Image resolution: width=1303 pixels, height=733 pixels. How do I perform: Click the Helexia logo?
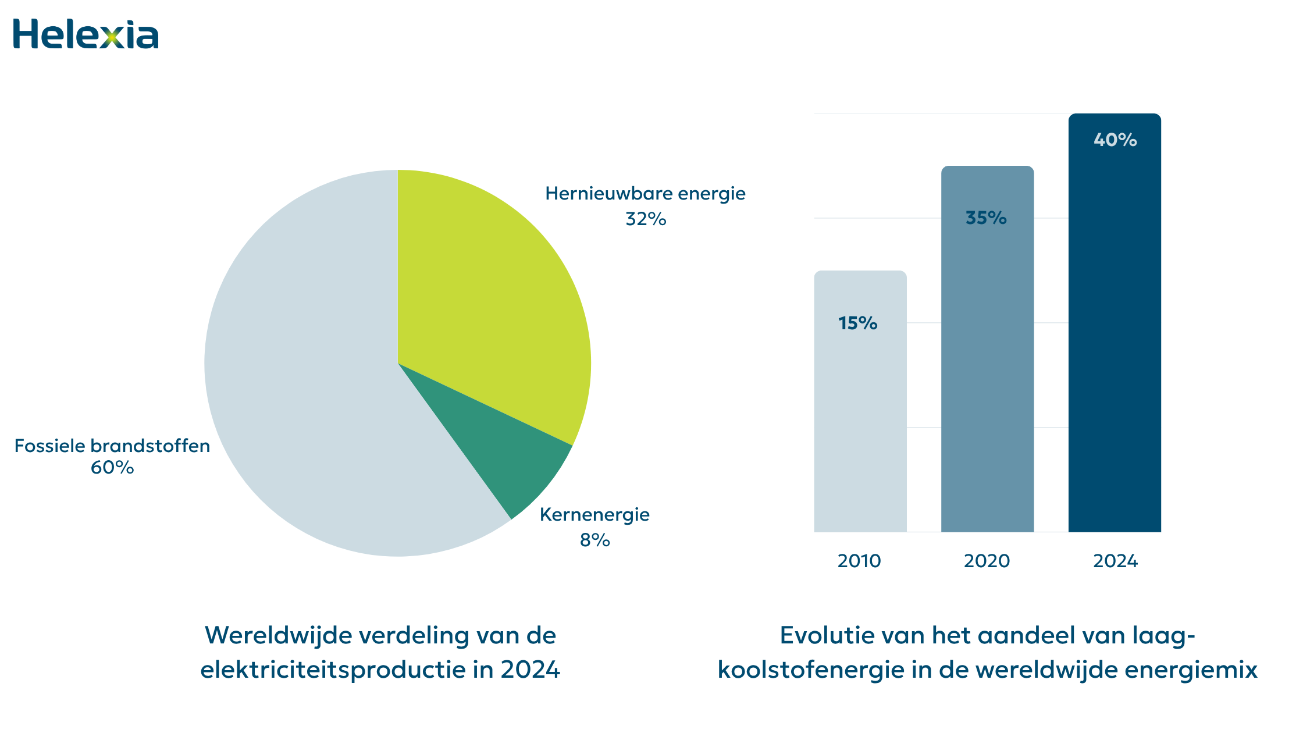(86, 34)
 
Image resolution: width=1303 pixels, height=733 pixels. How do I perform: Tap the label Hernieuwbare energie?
(645, 194)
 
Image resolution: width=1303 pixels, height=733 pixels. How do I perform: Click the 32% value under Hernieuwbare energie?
(646, 219)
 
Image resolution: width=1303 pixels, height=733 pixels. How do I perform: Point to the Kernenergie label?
(594, 515)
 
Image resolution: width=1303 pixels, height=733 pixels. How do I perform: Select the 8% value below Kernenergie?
(594, 540)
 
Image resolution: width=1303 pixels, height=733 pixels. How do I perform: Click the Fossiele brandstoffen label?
(112, 446)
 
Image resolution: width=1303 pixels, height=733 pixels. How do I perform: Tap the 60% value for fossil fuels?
(112, 468)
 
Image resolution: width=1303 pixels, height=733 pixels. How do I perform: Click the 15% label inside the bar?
(858, 323)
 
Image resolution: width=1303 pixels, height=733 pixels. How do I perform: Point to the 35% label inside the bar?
(986, 218)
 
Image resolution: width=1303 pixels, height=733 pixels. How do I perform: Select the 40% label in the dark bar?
(1115, 140)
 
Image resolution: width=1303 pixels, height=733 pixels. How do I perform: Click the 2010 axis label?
(859, 561)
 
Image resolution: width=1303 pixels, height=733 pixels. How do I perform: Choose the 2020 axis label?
(987, 561)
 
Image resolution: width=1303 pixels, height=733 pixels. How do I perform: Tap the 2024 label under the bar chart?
(1115, 561)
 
